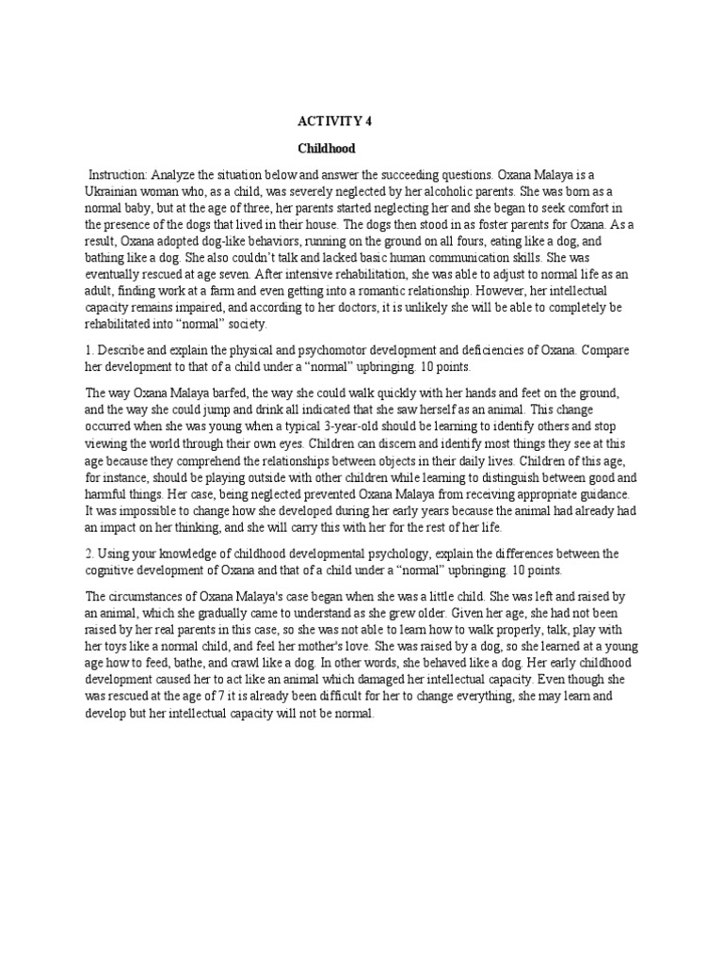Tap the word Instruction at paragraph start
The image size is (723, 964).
coord(117,175)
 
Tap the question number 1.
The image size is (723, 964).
coord(88,350)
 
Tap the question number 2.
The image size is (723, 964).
coord(88,553)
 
